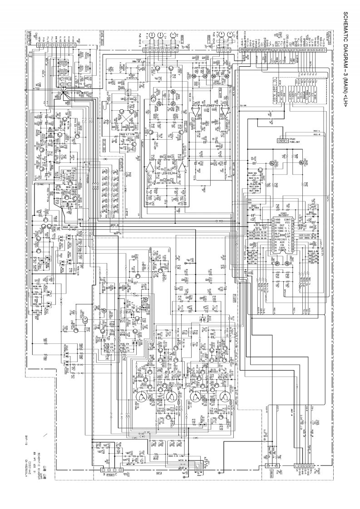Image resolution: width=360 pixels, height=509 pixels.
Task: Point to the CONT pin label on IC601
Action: tap(287, 219)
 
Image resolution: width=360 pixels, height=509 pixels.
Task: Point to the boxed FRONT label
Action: tap(110, 475)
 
